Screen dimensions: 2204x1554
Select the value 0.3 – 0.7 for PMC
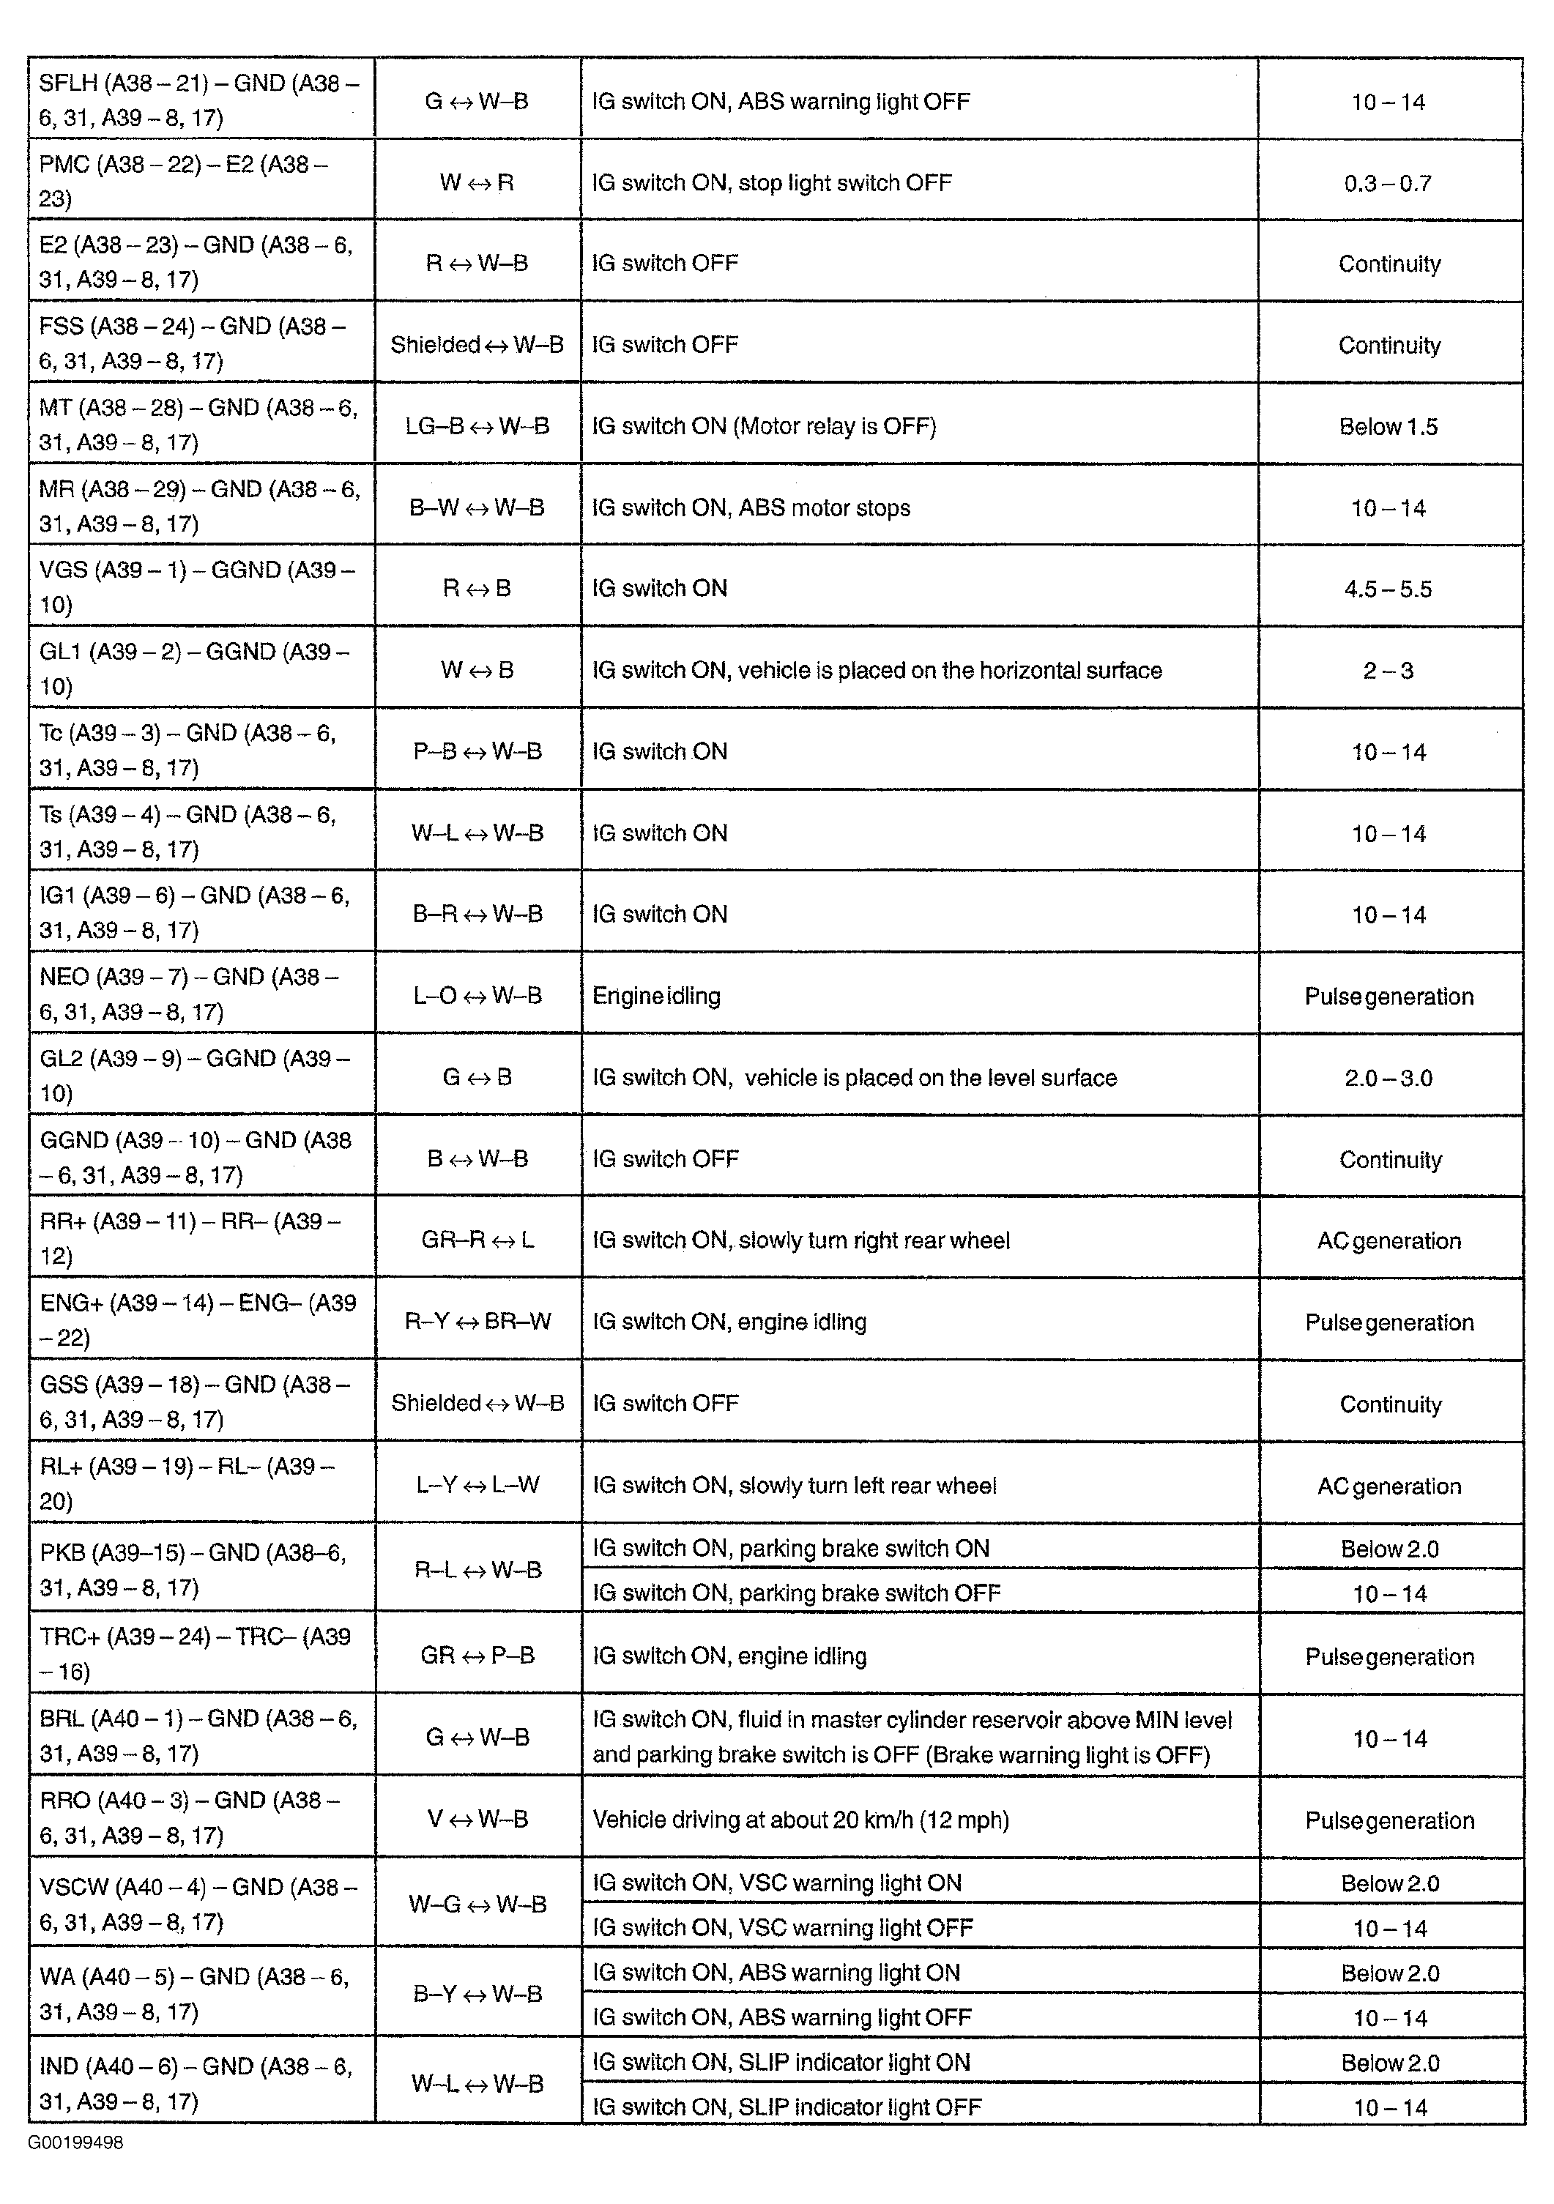pos(1388,182)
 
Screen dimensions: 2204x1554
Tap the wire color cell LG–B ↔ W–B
pos(477,425)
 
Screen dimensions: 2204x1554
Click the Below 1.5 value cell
pos(1388,426)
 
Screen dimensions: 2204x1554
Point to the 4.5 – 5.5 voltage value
pos(1388,589)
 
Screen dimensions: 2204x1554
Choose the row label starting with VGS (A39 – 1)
pos(197,587)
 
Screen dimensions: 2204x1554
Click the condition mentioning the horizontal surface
pos(877,670)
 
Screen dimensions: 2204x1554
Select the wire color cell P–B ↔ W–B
pos(477,751)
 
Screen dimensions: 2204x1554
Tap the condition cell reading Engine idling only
pos(657,995)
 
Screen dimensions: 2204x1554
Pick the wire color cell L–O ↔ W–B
pos(477,995)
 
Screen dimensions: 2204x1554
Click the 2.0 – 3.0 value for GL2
pos(1388,1077)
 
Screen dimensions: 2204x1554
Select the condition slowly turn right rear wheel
pos(800,1240)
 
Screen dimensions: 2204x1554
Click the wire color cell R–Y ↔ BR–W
pos(477,1321)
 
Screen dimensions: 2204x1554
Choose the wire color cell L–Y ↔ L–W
pos(477,1485)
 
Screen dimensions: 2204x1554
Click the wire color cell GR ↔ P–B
pos(477,1655)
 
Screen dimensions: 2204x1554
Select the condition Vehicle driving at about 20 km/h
pos(800,1819)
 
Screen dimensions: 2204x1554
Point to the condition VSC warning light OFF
pos(782,1926)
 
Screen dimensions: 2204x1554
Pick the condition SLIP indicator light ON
pos(781,2062)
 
